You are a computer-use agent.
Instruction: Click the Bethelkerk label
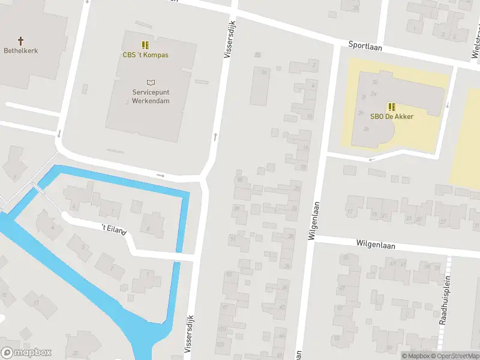click(x=20, y=51)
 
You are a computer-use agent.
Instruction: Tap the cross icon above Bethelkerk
click(x=20, y=41)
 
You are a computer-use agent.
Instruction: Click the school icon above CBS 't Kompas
click(x=145, y=44)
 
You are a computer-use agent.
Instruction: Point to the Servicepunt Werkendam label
click(x=151, y=97)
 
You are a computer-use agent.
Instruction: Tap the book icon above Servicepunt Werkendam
click(x=151, y=82)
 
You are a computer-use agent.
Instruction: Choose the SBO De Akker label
click(x=391, y=116)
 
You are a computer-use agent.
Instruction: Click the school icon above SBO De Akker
click(x=391, y=106)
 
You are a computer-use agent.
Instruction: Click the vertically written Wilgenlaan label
click(x=311, y=224)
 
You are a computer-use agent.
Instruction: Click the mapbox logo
click(x=26, y=353)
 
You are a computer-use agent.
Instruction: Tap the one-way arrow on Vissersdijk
click(x=215, y=137)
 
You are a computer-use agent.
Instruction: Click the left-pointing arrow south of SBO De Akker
click(x=372, y=159)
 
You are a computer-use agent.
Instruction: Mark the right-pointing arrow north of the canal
click(x=160, y=175)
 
